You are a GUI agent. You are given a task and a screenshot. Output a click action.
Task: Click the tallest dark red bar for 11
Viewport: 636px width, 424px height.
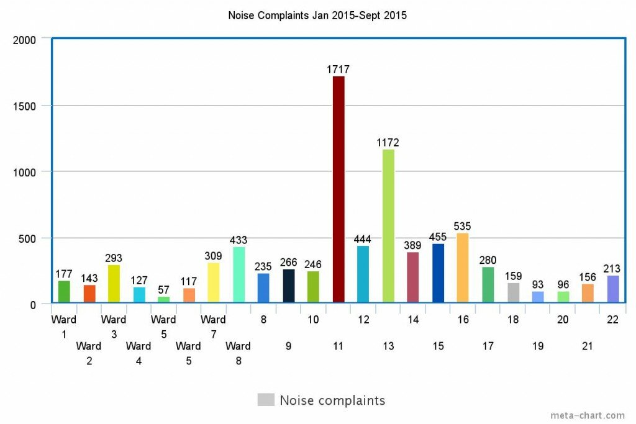tap(338, 189)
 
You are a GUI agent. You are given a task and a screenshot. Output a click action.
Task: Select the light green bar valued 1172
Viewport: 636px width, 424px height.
tap(388, 226)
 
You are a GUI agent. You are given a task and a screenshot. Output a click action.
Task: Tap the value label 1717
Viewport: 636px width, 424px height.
tap(338, 70)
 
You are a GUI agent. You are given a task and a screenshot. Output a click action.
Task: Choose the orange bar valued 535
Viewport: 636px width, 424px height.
tap(463, 268)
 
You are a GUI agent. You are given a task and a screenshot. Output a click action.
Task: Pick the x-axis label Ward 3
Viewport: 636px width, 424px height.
tap(114, 326)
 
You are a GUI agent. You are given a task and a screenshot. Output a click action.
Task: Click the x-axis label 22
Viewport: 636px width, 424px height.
tap(612, 320)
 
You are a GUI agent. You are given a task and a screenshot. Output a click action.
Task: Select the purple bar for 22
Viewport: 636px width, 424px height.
tap(612, 289)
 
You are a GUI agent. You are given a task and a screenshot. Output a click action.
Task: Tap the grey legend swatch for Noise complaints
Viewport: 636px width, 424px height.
tap(266, 400)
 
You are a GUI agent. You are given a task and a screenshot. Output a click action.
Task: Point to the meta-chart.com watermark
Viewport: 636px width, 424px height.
tap(588, 415)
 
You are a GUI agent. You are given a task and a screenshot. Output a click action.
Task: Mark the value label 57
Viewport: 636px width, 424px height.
tap(163, 290)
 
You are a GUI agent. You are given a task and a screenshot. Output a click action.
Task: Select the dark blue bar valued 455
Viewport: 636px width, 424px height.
tap(438, 273)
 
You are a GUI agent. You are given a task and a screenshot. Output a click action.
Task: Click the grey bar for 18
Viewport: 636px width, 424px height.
tap(513, 293)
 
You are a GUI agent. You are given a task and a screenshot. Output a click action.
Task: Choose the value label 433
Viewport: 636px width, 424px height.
tap(238, 240)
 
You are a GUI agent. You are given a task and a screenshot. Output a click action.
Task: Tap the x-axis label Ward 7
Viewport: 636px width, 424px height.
tap(213, 326)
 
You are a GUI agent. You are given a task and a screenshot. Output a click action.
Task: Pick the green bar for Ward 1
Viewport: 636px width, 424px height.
tap(64, 292)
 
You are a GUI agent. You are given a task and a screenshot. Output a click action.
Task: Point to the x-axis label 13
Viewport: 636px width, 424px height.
tap(388, 346)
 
